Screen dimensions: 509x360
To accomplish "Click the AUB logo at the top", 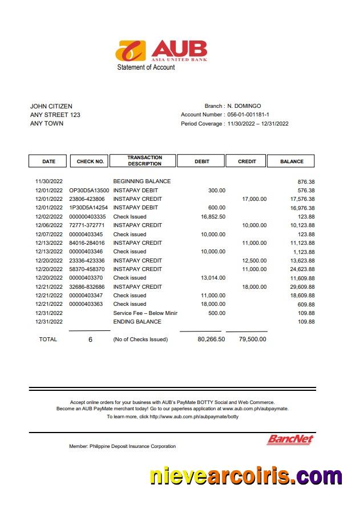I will tap(161, 50).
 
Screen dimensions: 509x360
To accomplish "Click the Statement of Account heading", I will tap(146, 67).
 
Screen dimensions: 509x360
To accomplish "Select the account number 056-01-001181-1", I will tap(248, 115).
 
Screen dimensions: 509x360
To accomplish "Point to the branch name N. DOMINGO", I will tap(244, 106).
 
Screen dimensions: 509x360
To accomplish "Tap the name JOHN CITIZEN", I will tap(51, 106).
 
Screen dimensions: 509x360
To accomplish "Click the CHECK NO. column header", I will tap(90, 161).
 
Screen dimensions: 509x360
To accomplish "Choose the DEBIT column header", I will tap(202, 161).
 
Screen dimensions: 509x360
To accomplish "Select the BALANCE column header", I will tap(292, 161).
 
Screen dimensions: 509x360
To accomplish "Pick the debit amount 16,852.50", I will tap(213, 217).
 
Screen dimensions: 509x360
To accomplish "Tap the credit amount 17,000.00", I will tap(254, 199).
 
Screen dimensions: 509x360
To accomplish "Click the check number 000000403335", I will tap(87, 217).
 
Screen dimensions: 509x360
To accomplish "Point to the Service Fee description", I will tap(145, 313).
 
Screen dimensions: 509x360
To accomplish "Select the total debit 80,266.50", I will tap(211, 340).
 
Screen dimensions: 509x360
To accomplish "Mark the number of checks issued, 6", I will tap(90, 340).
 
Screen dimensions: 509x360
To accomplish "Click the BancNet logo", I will tap(290, 439).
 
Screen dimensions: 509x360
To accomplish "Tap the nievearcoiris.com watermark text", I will tap(245, 475).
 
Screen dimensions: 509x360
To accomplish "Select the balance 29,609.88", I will tap(302, 287).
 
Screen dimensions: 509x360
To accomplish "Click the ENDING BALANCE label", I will tap(137, 322).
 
